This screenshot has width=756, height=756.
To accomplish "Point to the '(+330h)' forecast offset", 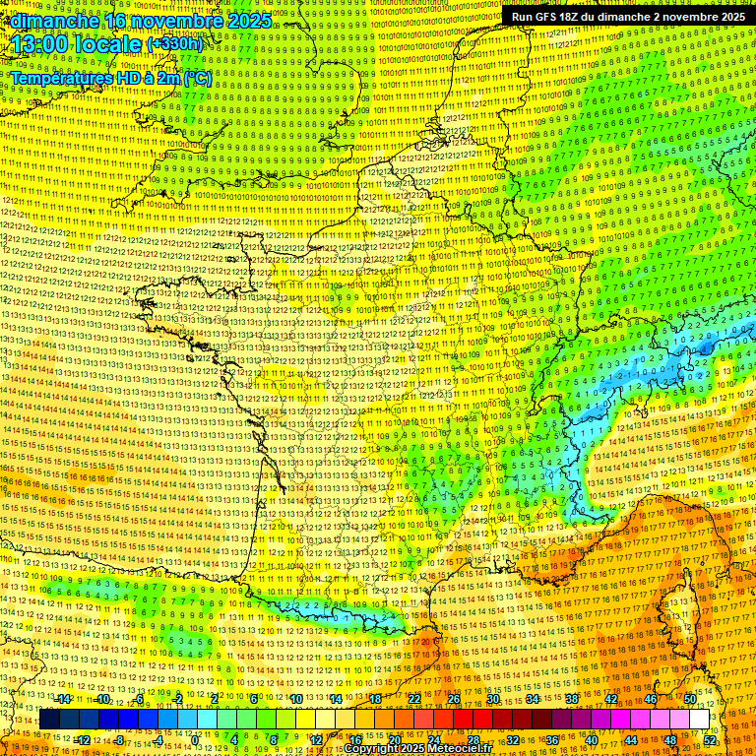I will (174, 43).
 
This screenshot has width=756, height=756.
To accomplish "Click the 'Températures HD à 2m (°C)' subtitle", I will (110, 78).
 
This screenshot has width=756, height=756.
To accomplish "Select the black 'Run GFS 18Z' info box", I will (626, 17).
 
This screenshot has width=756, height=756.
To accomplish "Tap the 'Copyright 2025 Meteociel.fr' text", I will (417, 748).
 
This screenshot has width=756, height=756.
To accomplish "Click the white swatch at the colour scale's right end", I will (699, 720).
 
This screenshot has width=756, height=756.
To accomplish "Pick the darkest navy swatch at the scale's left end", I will (48, 720).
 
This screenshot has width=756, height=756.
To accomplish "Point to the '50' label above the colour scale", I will (690, 699).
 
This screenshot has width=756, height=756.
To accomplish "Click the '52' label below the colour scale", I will (711, 739).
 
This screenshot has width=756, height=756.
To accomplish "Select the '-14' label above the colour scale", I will (63, 699).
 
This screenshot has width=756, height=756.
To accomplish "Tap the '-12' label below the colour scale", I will (83, 739).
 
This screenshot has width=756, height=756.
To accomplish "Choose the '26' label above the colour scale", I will (454, 699).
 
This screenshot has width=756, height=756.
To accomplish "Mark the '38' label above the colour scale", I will (572, 699).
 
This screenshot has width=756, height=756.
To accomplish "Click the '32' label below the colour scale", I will (513, 739).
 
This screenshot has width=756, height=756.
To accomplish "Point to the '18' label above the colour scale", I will (375, 699).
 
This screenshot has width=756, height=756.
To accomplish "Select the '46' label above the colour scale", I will (651, 699).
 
